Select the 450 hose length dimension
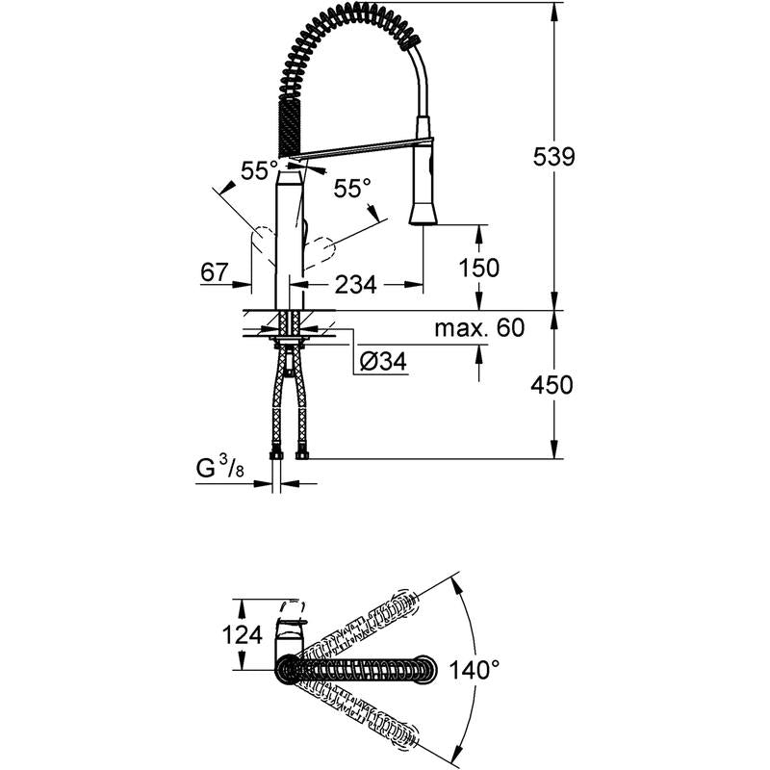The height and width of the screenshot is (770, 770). click(x=552, y=385)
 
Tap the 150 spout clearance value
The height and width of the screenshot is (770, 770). click(x=478, y=267)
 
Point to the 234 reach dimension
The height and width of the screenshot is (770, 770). click(x=355, y=284)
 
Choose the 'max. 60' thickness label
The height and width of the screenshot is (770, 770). click(x=478, y=329)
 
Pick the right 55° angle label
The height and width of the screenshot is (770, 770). click(x=352, y=189)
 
